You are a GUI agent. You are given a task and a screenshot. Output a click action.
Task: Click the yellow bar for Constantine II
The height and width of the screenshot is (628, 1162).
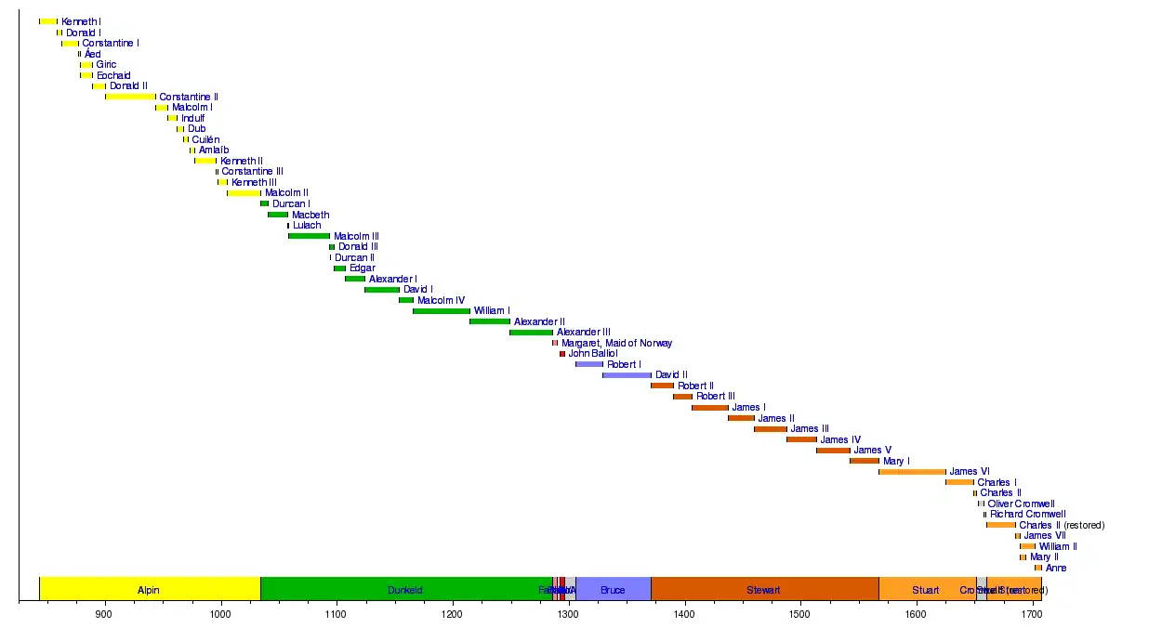(x=130, y=97)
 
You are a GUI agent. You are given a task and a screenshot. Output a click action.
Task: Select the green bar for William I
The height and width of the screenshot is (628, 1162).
(x=442, y=311)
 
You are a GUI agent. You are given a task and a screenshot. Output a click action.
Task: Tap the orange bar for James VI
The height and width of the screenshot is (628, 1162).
(x=912, y=472)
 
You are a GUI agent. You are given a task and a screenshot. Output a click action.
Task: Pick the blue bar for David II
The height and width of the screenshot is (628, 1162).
(x=627, y=375)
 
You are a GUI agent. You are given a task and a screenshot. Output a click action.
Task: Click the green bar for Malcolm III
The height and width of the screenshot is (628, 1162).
(x=309, y=236)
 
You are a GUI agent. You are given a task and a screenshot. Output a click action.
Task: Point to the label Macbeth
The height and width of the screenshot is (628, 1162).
(x=310, y=215)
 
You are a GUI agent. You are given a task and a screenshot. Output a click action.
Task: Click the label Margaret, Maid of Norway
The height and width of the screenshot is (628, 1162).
(x=616, y=344)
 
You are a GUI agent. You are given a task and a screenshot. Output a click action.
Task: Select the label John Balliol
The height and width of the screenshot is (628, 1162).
(x=593, y=354)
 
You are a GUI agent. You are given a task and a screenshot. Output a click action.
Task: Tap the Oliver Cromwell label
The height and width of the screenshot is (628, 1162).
(x=1021, y=504)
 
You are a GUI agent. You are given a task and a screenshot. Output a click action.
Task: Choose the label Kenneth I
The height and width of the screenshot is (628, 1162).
(x=82, y=21)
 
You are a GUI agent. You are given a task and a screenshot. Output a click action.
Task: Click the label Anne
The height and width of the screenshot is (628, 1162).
(x=1056, y=568)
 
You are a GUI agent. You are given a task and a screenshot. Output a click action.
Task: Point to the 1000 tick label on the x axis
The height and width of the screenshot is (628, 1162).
(x=221, y=614)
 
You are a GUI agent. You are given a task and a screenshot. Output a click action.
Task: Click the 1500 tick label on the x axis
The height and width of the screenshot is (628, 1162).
(x=800, y=614)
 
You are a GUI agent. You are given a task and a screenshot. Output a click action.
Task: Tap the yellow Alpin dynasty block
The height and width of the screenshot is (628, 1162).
(x=149, y=589)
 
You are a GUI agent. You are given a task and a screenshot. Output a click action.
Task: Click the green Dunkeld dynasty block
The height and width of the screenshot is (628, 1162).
(x=405, y=589)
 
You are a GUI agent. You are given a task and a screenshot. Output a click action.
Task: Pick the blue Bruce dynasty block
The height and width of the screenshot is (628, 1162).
(x=613, y=589)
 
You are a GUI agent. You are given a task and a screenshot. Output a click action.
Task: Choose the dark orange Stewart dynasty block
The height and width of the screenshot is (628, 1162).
(x=764, y=589)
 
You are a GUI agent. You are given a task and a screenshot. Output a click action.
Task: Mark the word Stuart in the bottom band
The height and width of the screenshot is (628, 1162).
(x=925, y=590)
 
